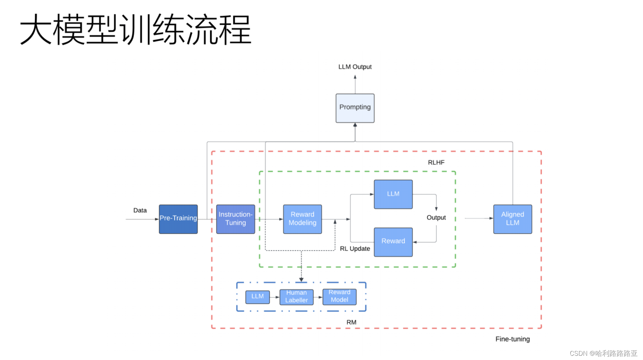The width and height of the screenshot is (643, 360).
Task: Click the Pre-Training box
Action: coord(178,219)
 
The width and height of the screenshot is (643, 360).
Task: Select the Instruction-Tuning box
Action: coord(236,219)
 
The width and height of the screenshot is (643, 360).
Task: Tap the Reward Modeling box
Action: coord(302,219)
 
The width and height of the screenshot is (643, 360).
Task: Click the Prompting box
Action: coord(355,108)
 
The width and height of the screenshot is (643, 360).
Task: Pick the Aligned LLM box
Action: coord(512,219)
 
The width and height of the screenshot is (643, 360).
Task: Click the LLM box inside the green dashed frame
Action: coord(393,194)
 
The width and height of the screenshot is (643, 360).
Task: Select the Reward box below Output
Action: coord(393,242)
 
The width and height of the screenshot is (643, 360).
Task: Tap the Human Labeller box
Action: coord(296,297)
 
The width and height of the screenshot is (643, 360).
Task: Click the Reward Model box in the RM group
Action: coord(339,296)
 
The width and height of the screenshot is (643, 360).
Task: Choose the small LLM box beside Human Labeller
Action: coord(257,297)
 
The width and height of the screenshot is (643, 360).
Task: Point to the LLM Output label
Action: coord(355,67)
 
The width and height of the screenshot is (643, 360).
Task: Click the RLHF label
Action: coord(436,163)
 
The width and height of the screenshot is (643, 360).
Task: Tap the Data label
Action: coord(140,210)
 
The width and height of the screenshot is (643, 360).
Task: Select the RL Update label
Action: coord(355,249)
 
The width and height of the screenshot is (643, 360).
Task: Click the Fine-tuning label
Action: coord(512,339)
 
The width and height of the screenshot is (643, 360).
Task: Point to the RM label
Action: coord(351,322)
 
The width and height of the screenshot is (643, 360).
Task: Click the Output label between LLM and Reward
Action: coord(436,217)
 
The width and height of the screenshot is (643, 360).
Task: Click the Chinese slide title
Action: coord(135,30)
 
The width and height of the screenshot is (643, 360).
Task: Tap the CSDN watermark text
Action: coord(603,353)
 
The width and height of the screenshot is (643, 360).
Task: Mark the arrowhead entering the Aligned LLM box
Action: coord(491,218)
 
